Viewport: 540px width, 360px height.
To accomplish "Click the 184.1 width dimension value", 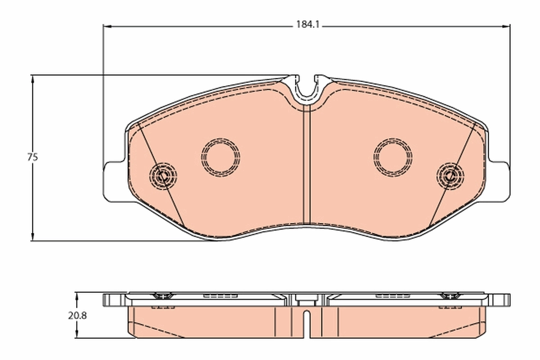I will (307, 25).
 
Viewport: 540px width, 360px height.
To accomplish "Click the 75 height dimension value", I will (32, 157).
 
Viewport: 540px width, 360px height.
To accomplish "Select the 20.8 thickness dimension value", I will (77, 315).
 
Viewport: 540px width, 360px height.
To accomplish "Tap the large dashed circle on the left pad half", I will (220, 157).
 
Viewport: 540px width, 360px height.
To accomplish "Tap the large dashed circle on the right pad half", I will (393, 157).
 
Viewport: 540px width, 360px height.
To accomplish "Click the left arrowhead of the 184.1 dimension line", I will (107, 26).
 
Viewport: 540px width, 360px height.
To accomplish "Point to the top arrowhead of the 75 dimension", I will (32, 78).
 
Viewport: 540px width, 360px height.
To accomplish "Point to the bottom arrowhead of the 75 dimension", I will (32, 237).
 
